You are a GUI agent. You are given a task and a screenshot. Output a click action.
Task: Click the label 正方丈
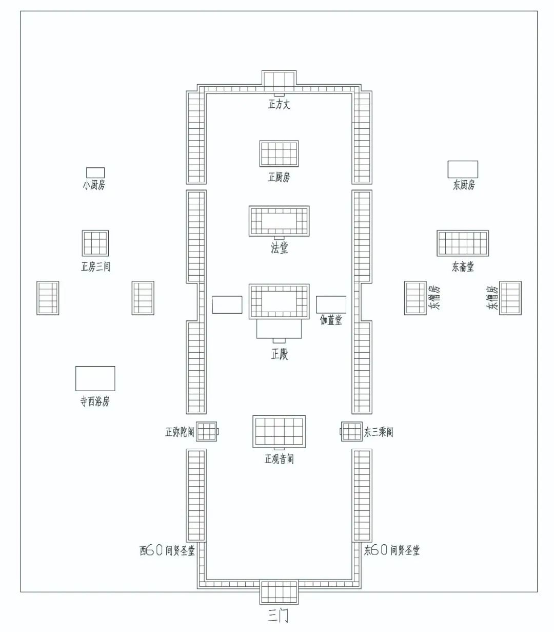(279, 104)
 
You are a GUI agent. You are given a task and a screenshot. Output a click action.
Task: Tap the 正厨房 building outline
(279, 154)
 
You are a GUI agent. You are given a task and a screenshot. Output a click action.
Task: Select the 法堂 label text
(279, 248)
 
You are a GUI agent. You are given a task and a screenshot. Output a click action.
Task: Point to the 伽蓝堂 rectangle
(331, 304)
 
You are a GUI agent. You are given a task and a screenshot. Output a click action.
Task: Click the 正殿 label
(280, 354)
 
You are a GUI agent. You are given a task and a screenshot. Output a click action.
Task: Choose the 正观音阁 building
(279, 431)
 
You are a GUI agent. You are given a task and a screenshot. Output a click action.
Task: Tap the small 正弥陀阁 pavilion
(206, 431)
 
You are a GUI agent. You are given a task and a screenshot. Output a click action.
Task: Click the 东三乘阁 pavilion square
(351, 431)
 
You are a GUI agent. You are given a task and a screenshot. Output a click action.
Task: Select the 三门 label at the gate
(278, 616)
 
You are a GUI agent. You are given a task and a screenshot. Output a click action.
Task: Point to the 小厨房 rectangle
(95, 173)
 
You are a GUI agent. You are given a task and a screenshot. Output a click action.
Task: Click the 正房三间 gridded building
(95, 243)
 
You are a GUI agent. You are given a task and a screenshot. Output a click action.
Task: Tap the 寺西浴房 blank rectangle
(95, 378)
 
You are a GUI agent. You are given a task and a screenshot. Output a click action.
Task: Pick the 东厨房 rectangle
(463, 169)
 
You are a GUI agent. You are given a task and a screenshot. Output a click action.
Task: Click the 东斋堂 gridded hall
(463, 243)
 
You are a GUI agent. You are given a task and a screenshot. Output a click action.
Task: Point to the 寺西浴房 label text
(95, 401)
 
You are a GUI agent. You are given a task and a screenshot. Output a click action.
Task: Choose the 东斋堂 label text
(463, 266)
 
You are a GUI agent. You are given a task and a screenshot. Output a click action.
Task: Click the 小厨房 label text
(94, 185)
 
